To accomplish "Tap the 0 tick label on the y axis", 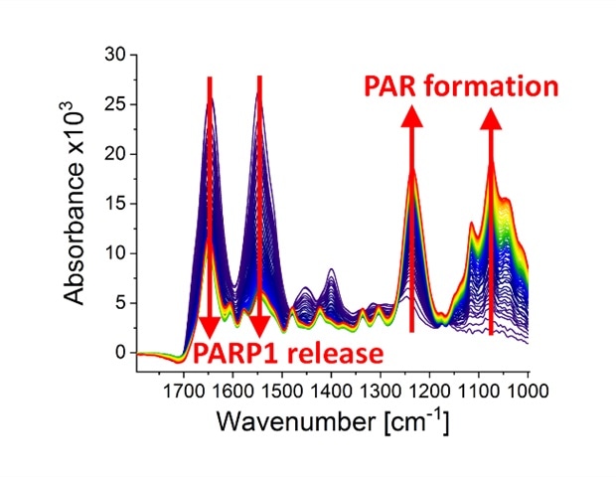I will pyautogui.click(x=120, y=352).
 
